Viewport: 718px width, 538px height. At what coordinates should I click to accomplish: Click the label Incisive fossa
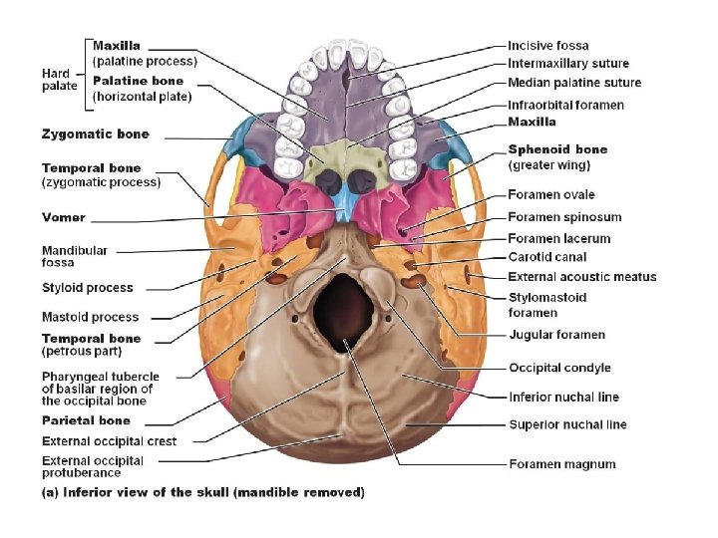click(x=547, y=46)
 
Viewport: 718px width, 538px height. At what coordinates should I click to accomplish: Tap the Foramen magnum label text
click(x=561, y=464)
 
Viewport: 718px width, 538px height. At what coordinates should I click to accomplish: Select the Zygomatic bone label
click(x=95, y=134)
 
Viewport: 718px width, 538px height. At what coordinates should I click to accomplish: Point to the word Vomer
click(x=63, y=217)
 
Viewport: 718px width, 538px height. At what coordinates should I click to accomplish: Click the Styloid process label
click(x=87, y=288)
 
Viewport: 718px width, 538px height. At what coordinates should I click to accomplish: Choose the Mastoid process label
click(x=90, y=318)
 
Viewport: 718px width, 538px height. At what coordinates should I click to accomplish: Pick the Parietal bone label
click(x=86, y=421)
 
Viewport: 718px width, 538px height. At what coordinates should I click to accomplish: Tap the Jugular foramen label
click(x=556, y=335)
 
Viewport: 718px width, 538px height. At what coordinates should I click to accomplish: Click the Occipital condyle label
click(x=558, y=369)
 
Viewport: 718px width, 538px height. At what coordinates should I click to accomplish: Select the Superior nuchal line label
click(x=567, y=424)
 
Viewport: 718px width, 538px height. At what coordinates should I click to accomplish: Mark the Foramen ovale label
click(x=550, y=195)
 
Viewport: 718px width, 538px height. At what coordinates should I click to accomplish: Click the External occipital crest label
click(x=109, y=441)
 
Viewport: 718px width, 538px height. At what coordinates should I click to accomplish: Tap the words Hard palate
click(x=56, y=80)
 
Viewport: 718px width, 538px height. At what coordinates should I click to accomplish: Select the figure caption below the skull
click(x=202, y=492)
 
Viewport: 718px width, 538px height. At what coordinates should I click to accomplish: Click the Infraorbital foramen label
click(x=565, y=105)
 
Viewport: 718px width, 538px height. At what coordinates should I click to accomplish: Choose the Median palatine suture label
click(x=574, y=83)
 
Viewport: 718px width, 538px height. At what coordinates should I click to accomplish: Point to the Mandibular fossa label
click(x=75, y=257)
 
